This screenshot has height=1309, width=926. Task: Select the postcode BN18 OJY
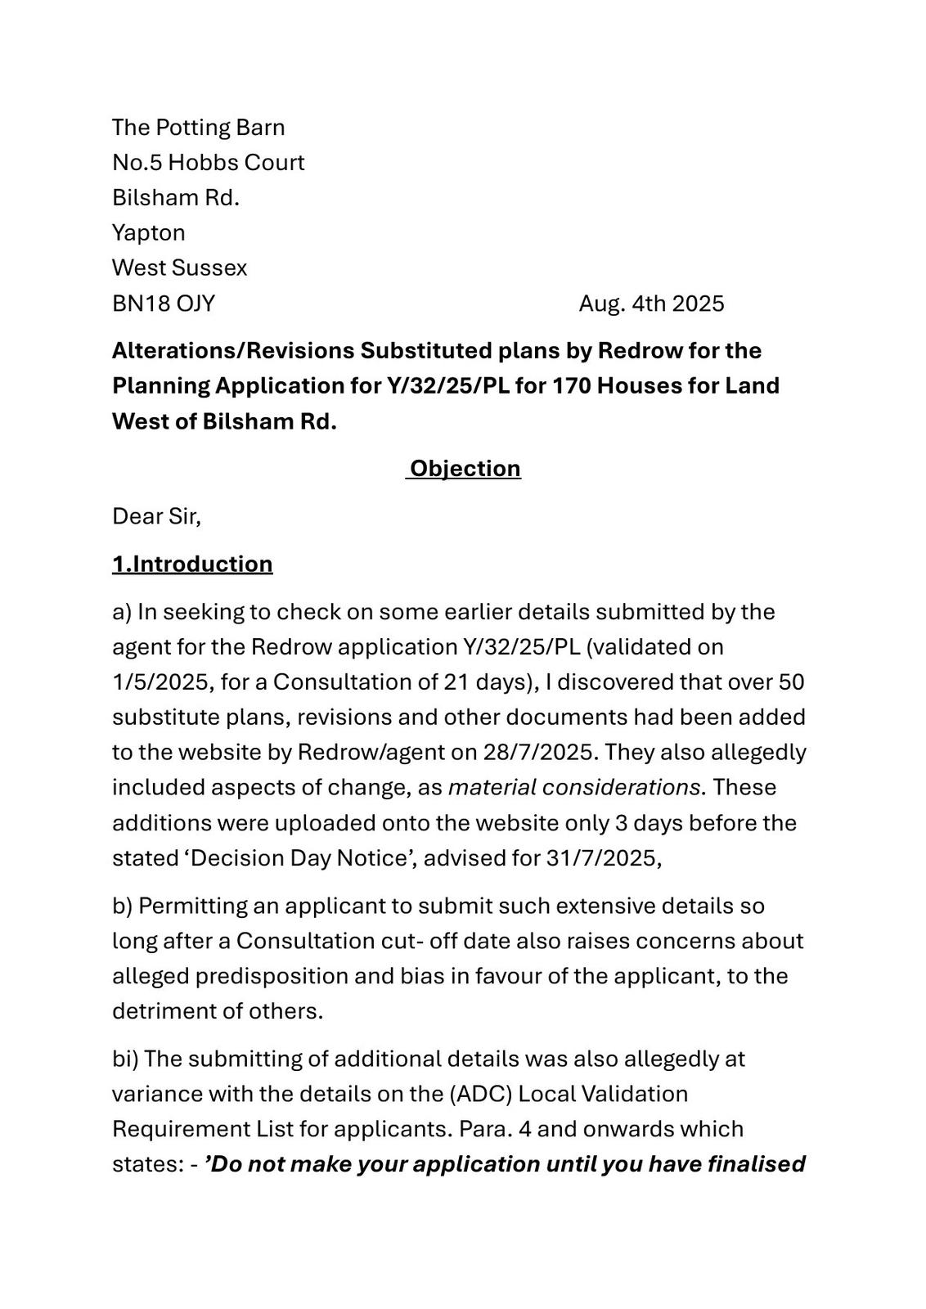point(164,304)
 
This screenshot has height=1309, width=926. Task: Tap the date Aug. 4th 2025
point(651,304)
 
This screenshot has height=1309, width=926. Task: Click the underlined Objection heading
point(465,468)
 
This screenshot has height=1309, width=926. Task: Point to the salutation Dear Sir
point(155,516)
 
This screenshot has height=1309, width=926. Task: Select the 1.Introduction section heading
point(192,564)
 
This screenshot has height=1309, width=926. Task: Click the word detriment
point(163,1011)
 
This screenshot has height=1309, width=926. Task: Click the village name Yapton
point(148,232)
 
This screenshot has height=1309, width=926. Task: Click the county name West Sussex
point(179,268)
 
